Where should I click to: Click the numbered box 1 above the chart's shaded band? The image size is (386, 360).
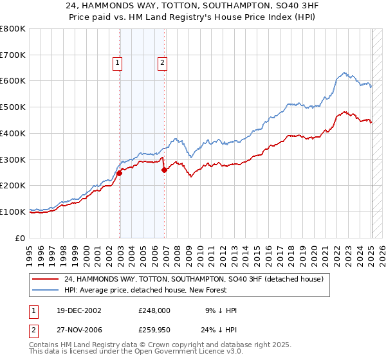(x=118, y=62)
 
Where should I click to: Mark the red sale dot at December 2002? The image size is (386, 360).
(x=120, y=173)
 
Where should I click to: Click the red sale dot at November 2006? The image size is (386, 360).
(x=165, y=170)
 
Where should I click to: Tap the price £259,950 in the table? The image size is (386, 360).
(x=154, y=332)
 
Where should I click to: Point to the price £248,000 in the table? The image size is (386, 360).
(x=154, y=310)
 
